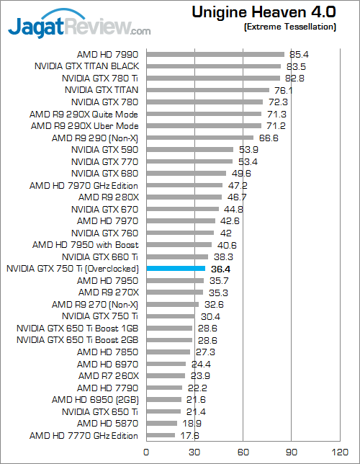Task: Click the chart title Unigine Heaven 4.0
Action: click(x=264, y=12)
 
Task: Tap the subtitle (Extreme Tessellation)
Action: click(x=290, y=27)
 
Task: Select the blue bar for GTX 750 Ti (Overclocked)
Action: click(x=176, y=268)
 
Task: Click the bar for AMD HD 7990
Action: click(x=215, y=54)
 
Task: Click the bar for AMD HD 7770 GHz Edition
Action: click(x=161, y=435)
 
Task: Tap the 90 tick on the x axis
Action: click(x=291, y=452)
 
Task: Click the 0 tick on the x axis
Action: click(x=146, y=452)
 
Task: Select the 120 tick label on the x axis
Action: click(x=339, y=452)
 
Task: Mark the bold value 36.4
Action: click(x=219, y=269)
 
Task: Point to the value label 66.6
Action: click(x=269, y=138)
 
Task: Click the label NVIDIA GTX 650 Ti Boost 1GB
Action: click(x=77, y=328)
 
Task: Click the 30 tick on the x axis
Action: click(x=194, y=452)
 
